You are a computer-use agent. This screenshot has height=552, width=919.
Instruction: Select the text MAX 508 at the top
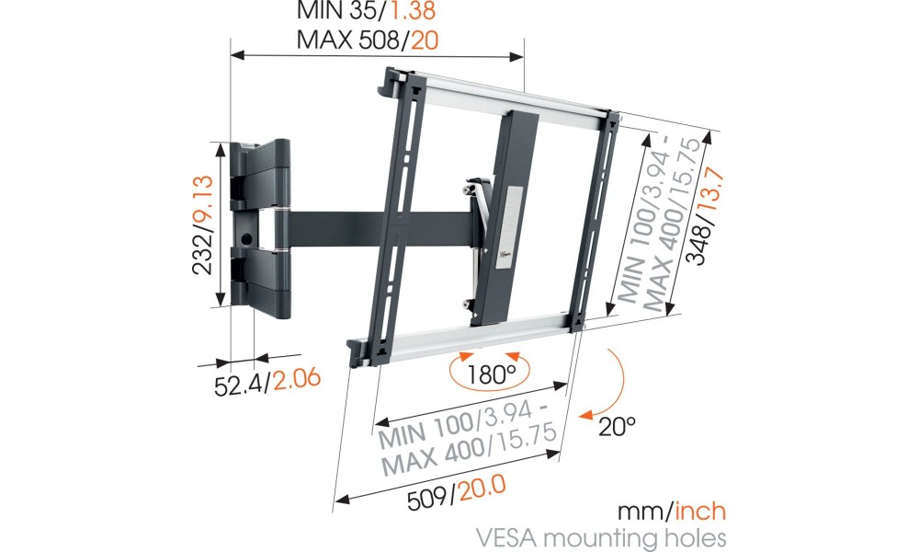[349, 40]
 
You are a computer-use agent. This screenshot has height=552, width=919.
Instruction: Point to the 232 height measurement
[203, 255]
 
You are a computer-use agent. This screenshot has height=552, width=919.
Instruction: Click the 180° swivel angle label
[491, 374]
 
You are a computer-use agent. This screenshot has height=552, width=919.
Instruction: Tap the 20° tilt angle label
[618, 426]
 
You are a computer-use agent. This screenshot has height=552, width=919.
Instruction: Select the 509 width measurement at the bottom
[428, 499]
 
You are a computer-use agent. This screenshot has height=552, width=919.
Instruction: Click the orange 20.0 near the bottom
[482, 488]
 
